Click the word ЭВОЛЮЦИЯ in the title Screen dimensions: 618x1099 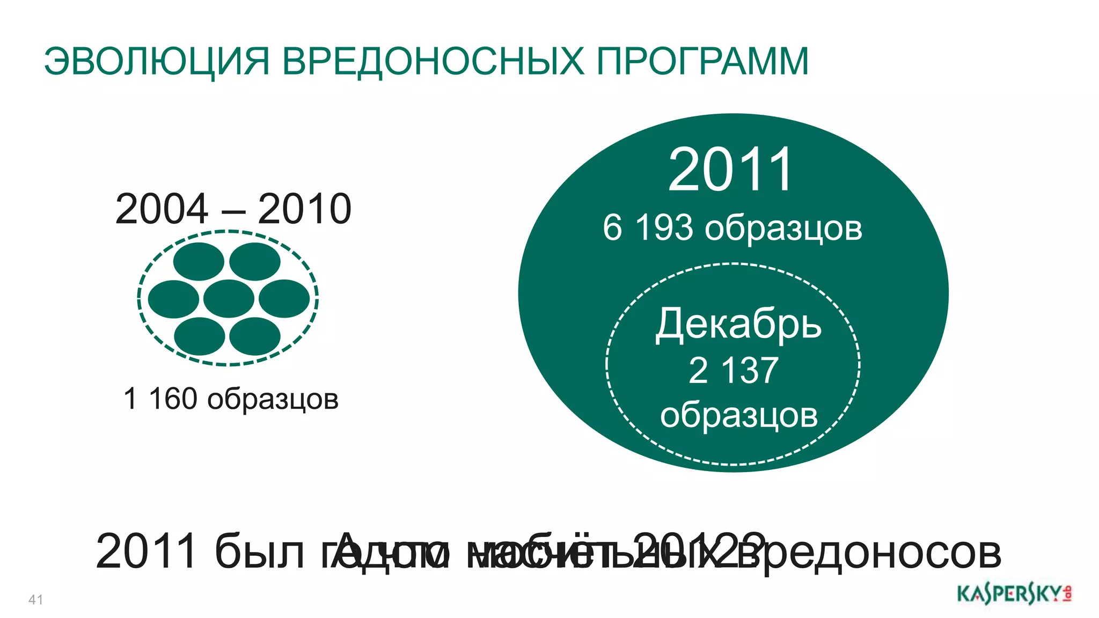click(156, 62)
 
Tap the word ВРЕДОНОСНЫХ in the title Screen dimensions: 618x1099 click(433, 62)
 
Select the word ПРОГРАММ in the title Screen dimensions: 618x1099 click(702, 62)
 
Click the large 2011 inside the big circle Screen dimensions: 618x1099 click(730, 170)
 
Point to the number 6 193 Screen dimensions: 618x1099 click(648, 227)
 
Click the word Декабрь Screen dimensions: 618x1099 click(738, 324)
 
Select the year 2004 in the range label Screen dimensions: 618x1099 click(162, 209)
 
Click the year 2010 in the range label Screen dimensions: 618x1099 click(304, 209)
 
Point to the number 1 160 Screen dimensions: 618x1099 click(160, 399)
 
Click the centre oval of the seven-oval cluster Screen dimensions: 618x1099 click(229, 299)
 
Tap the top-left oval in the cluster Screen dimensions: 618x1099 click(199, 262)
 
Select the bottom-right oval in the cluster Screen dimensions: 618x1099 click(255, 336)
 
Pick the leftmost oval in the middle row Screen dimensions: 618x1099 click(173, 299)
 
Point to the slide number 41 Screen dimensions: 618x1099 click(36, 599)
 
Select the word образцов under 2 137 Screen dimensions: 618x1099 click(738, 415)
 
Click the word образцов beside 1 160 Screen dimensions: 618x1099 click(273, 400)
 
